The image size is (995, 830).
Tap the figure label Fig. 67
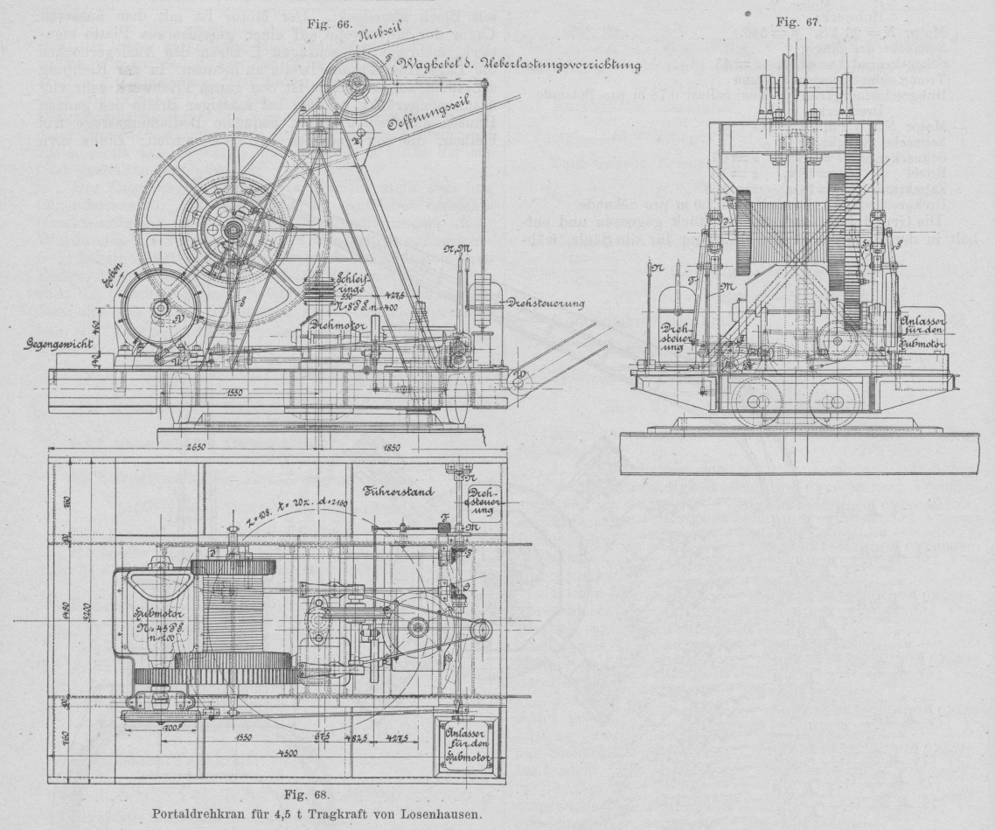[x=802, y=23]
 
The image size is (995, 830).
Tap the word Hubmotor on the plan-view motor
[x=157, y=613]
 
